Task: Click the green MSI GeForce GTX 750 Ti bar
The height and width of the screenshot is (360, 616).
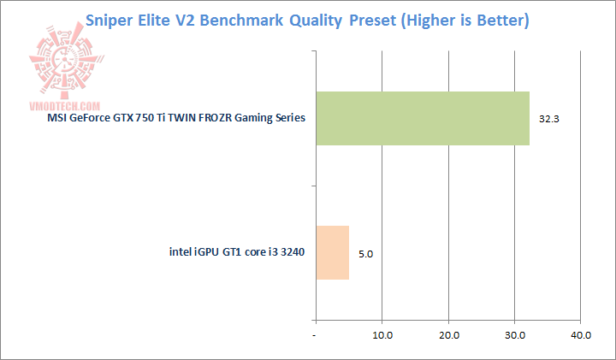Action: point(423,118)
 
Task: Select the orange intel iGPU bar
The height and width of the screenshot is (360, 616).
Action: point(333,252)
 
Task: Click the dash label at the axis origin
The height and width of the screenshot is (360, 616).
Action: point(317,336)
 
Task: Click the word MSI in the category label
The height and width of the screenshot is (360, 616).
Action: point(56,119)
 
